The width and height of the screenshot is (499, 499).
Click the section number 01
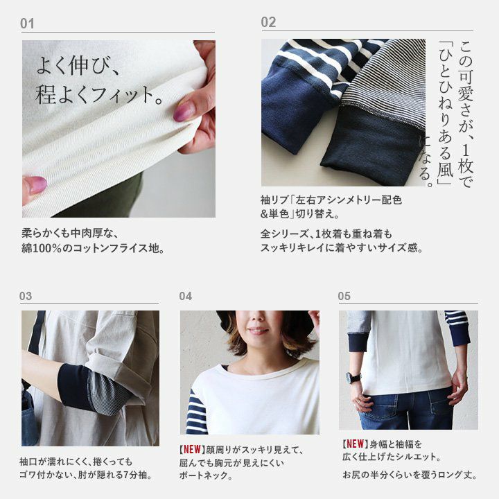click(x=27, y=24)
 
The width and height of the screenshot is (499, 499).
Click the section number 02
click(x=268, y=23)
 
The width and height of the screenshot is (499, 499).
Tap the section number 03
click(x=26, y=296)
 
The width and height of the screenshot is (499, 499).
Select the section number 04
click(x=186, y=297)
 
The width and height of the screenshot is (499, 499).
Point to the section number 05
click(x=344, y=297)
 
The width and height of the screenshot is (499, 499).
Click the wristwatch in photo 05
click(x=353, y=378)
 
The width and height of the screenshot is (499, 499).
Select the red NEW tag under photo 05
click(x=355, y=444)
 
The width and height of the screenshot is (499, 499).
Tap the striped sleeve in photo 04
click(x=198, y=411)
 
